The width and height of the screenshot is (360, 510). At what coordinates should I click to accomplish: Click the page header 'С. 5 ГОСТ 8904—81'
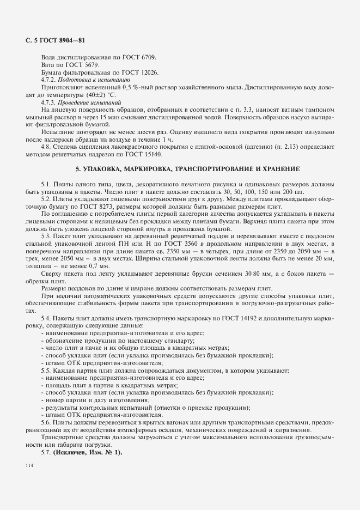click(55, 40)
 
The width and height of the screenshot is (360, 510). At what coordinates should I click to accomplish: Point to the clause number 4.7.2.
click(50, 80)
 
